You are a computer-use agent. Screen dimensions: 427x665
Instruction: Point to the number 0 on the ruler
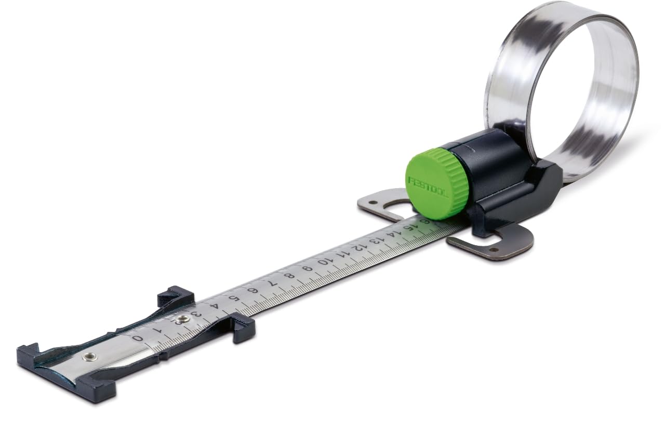[138, 338]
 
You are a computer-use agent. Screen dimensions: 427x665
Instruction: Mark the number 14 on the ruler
[389, 234]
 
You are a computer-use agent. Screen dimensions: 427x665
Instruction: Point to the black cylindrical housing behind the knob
[494, 166]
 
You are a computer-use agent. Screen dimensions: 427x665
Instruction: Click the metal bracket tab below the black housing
[494, 244]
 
